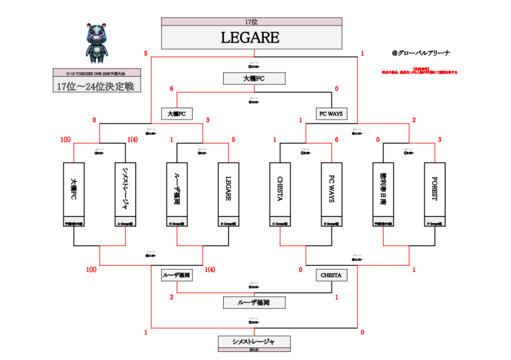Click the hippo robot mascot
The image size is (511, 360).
pyautogui.click(x=96, y=43)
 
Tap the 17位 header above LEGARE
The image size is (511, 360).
pyautogui.click(x=251, y=22)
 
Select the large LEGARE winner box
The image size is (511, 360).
pyautogui.click(x=251, y=38)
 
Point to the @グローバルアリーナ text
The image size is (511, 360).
pyautogui.click(x=421, y=53)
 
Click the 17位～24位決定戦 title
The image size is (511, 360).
pyautogui.click(x=97, y=86)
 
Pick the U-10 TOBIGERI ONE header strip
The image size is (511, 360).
pyautogui.click(x=97, y=72)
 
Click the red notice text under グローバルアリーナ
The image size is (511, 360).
pyautogui.click(x=419, y=71)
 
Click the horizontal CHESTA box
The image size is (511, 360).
pyautogui.click(x=332, y=275)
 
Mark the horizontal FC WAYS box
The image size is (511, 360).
pyautogui.click(x=332, y=114)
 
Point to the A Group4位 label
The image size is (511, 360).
pyautogui.click(x=125, y=224)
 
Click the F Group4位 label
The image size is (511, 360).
pyautogui.click(x=435, y=224)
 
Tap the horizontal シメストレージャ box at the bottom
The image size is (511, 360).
pyautogui.click(x=254, y=342)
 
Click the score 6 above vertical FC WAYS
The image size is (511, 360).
pyautogui.click(x=337, y=140)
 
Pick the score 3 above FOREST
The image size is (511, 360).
pyautogui.click(x=440, y=140)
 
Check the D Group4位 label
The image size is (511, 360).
pyautogui.click(x=229, y=224)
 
